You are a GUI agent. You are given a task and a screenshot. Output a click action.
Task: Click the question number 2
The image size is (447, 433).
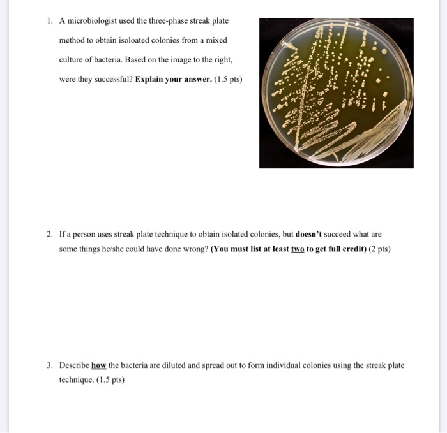coord(49,234)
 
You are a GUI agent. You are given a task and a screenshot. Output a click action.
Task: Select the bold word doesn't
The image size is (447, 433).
coord(310,234)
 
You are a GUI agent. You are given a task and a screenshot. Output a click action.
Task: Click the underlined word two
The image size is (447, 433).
coord(298,249)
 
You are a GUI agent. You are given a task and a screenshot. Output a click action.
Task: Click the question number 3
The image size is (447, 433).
coord(49,365)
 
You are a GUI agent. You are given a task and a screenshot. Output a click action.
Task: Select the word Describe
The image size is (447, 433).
coord(74,365)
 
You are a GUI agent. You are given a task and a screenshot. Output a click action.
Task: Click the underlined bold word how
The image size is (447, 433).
coord(98,365)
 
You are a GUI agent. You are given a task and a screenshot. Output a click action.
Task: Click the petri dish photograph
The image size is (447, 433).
coord(336,93)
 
